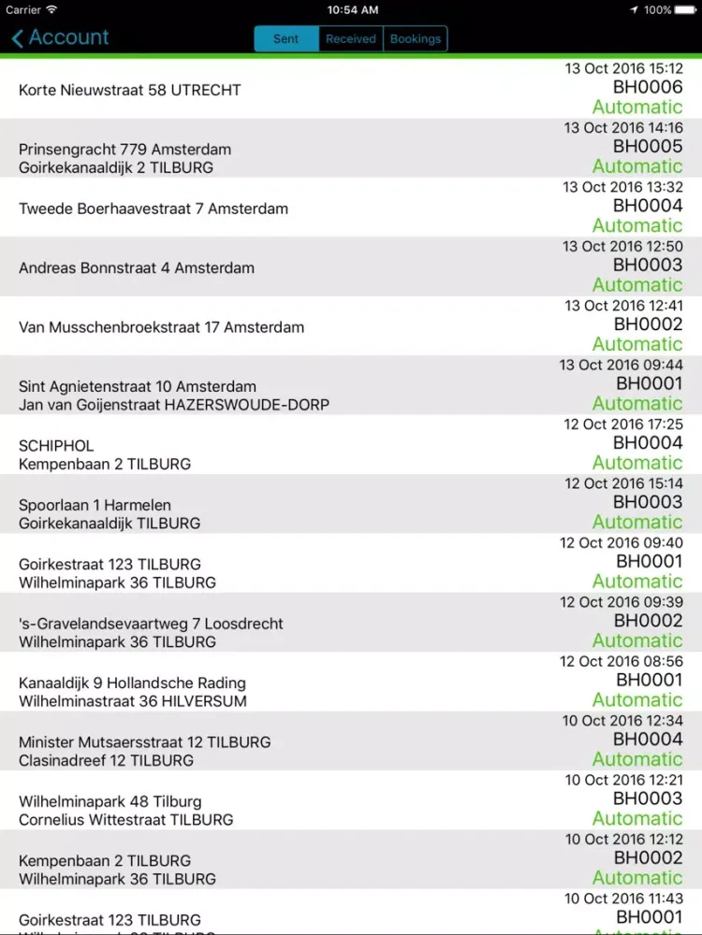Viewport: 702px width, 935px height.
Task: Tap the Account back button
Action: pos(60,37)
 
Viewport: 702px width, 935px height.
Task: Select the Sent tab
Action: pos(286,38)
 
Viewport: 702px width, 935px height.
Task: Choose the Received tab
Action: pos(351,38)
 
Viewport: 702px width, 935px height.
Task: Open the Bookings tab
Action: pos(416,38)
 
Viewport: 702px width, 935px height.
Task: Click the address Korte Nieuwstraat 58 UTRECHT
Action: pos(130,90)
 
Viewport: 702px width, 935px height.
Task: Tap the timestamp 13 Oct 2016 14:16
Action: pos(623,127)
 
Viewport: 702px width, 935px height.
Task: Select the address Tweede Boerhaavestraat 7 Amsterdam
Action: pos(154,209)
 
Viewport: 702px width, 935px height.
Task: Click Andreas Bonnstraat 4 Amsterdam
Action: pos(137,267)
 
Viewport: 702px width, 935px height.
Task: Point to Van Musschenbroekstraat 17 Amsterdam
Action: pos(161,327)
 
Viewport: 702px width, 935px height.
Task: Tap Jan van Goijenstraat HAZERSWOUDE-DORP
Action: pos(174,405)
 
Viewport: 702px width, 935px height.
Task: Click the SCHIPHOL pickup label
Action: pos(56,445)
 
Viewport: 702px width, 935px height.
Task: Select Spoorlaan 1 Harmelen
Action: pos(95,505)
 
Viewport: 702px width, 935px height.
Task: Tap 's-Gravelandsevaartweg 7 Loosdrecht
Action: pos(151,624)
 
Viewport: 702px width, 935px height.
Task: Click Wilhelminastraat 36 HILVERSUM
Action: pos(133,701)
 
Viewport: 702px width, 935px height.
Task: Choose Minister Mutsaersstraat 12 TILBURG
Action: pos(145,742)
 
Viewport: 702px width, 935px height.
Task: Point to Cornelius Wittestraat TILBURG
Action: pos(126,820)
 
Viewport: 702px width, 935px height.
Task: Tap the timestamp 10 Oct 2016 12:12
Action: pos(624,840)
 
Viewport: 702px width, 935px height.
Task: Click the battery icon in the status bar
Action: pos(686,9)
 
